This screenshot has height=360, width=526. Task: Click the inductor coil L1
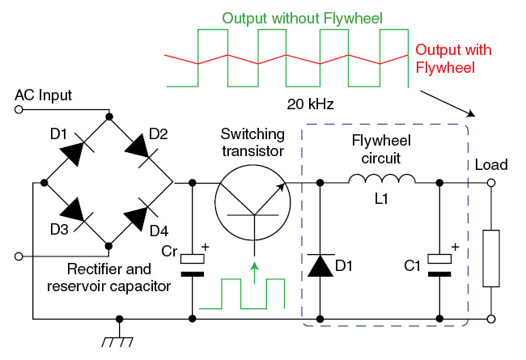coord(382,179)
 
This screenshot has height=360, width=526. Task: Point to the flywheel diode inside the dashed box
coord(320,265)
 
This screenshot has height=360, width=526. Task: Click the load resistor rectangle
coord(491,258)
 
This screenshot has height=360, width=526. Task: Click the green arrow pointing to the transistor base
coord(255,273)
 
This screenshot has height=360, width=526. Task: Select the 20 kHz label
coord(310,104)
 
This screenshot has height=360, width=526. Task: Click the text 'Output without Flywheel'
coord(302,18)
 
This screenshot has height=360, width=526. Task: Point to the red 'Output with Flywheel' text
coord(453,59)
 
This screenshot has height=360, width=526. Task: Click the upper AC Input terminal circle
coord(19,109)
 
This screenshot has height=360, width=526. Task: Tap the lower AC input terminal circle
coord(19,256)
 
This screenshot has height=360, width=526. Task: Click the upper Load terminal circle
coord(491,183)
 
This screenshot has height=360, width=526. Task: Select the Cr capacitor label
coord(169,251)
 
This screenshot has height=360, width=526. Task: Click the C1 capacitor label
coord(412,265)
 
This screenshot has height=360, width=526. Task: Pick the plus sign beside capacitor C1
coord(456,248)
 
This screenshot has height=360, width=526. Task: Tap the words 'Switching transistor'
coord(252,142)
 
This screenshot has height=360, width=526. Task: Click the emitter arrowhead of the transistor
coord(281,188)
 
